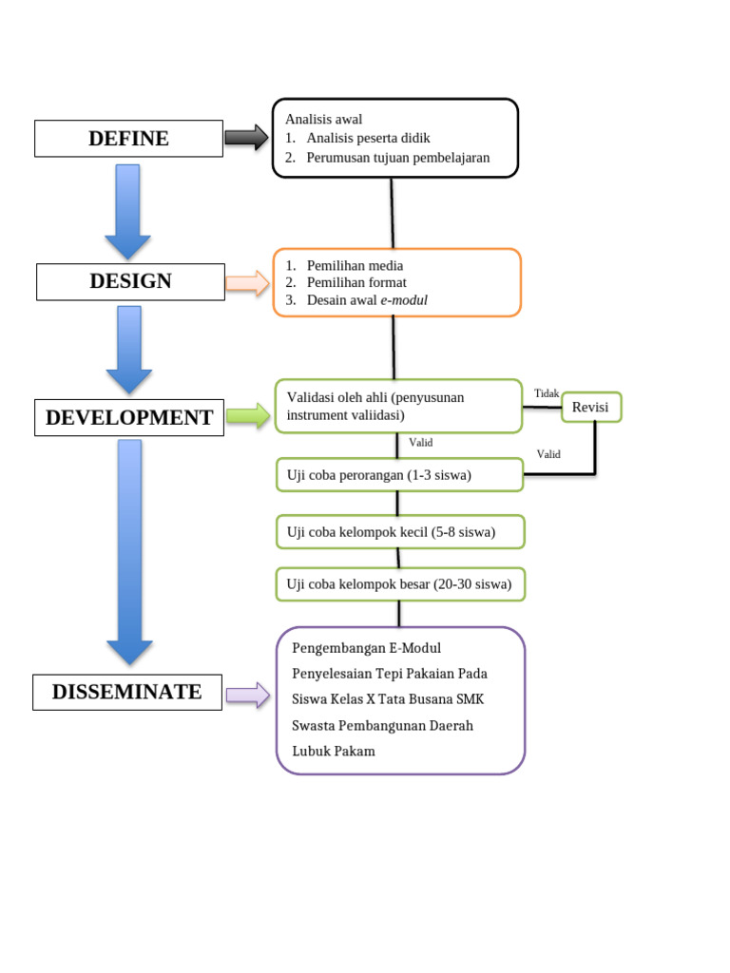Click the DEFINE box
pos(128,139)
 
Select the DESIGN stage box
pos(130,281)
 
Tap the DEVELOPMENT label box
pos(129,418)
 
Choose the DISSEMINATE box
pos(126,692)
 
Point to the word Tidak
pos(547,393)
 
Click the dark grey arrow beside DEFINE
pos(246,138)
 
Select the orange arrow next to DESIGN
pos(247,282)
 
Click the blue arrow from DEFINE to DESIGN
pos(127,211)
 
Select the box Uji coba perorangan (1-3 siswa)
pos(399,475)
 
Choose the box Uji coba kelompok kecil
pos(399,532)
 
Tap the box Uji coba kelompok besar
pos(399,584)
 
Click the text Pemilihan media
pos(355,266)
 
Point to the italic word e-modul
pos(404,300)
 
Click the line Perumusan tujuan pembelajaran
pos(397,158)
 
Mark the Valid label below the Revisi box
pos(548,454)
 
